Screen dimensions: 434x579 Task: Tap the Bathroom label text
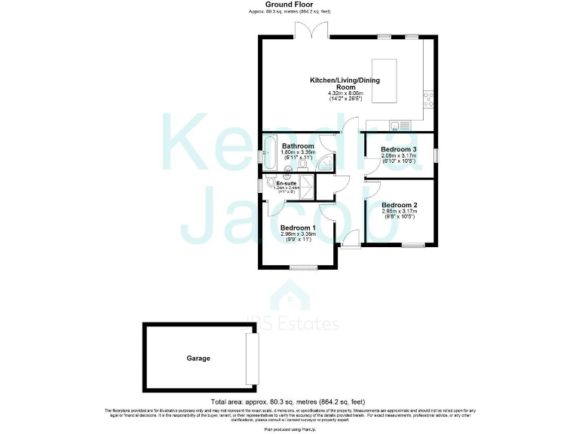298,146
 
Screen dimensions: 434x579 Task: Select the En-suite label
286,183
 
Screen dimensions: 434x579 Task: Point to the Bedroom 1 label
297,228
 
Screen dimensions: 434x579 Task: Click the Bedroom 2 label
399,205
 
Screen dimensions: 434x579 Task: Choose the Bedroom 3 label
399,149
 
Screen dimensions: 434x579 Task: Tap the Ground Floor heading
289,5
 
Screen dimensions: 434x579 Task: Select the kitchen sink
399,124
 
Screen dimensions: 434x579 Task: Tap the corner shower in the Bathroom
326,160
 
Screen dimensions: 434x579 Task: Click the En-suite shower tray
308,188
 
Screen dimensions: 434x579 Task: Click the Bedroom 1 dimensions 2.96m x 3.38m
297,234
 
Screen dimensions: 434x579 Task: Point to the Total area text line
289,402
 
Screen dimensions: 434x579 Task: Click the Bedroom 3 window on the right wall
435,154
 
